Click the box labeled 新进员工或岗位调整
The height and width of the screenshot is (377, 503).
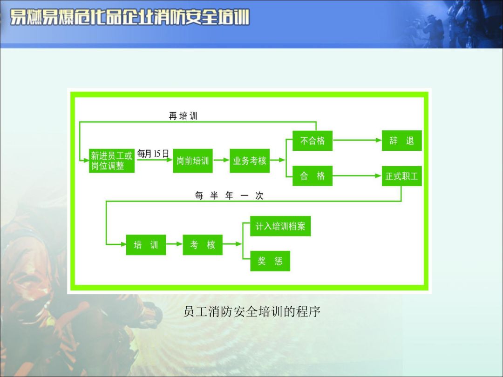tap(112, 161)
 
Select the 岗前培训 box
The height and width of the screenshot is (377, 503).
tap(193, 161)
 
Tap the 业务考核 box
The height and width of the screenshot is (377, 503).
tap(250, 161)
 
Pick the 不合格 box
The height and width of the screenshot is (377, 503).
tap(313, 141)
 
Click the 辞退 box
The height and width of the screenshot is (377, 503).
tap(401, 141)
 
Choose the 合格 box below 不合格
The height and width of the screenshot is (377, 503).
tap(313, 176)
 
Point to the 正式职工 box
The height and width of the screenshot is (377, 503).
tap(401, 176)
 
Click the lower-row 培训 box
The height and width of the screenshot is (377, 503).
tap(146, 245)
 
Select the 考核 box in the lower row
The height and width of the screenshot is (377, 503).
tap(203, 245)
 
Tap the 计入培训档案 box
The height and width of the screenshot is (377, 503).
tap(280, 227)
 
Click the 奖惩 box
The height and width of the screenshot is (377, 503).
tap(270, 261)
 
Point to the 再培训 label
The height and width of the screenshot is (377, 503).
tap(183, 116)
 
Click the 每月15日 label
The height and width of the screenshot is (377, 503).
tap(153, 154)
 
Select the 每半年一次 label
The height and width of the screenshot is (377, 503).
tap(229, 196)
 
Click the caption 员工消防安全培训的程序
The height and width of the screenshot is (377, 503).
tap(251, 311)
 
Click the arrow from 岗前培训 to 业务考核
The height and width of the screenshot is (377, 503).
tap(221, 161)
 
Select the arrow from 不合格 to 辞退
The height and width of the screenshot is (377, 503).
tap(357, 140)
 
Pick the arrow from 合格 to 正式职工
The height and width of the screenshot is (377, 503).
tap(357, 176)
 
